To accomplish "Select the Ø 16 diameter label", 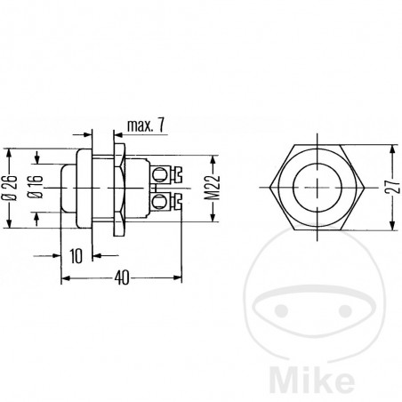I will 33,189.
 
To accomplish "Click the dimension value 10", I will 76,255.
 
